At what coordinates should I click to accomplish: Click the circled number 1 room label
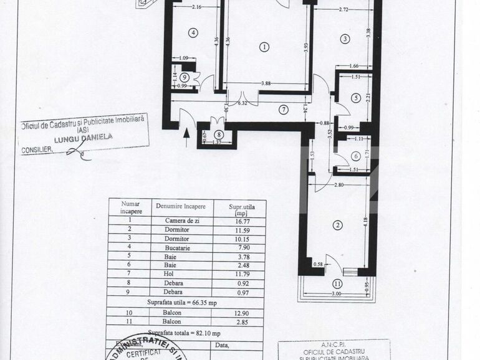point(265,47)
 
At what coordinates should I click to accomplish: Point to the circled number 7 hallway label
point(284,110)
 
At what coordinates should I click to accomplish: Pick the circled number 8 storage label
point(219,135)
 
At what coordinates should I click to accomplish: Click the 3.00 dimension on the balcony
point(337,294)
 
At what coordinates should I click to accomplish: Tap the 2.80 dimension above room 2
point(338,186)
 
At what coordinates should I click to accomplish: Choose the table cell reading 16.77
point(239,219)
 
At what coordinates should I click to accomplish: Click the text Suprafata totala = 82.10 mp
point(185,333)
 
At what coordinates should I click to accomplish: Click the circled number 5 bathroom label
point(355,98)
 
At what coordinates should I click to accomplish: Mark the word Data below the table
point(223,344)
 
